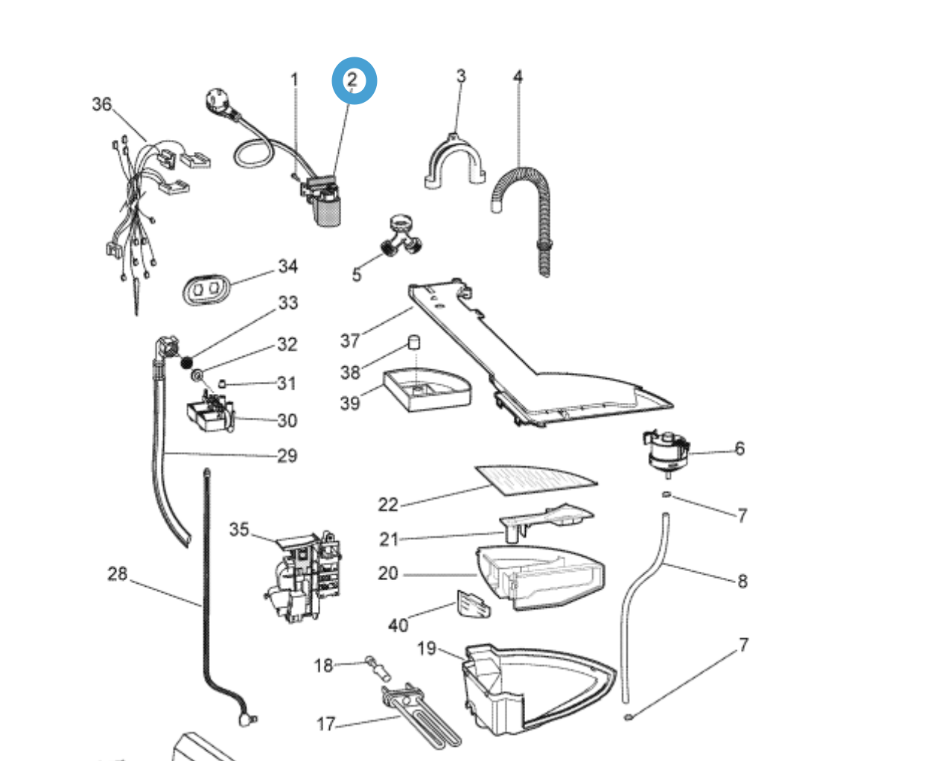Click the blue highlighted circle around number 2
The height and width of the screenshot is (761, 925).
pos(354,80)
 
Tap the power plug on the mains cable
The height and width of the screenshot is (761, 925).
pos(219,101)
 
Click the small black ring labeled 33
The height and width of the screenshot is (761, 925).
pos(186,363)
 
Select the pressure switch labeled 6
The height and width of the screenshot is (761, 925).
pos(667,450)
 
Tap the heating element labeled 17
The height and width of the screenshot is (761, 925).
pos(422,715)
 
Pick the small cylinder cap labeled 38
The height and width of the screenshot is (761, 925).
pos(413,343)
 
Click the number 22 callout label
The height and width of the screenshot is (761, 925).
pos(388,505)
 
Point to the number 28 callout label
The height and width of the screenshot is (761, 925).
pos(118,574)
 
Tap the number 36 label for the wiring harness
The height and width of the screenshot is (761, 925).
pos(102,104)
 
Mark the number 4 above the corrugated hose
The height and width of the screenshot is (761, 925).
pos(518,77)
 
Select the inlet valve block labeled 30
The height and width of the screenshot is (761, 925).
pos(210,415)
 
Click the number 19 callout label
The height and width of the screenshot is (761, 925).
pos(426,649)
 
